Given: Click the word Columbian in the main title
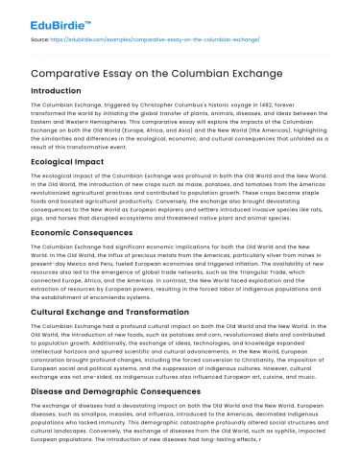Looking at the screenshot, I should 194,72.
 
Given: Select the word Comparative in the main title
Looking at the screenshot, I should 59,72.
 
